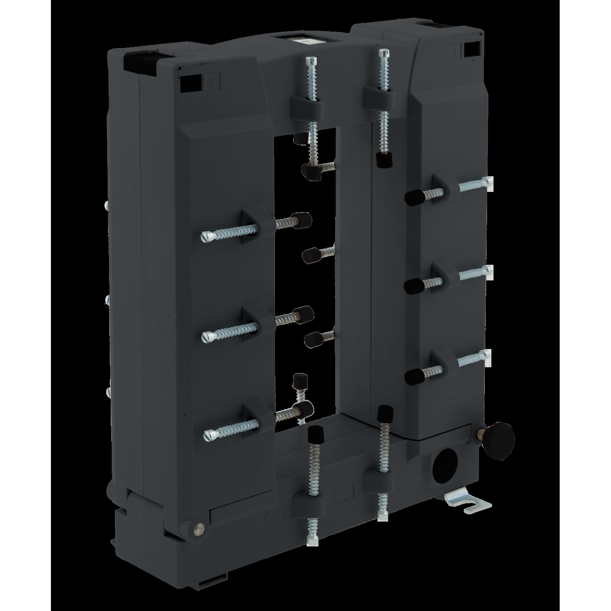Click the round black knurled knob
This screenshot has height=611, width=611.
[503, 438]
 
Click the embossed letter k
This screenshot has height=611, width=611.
[212, 81]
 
